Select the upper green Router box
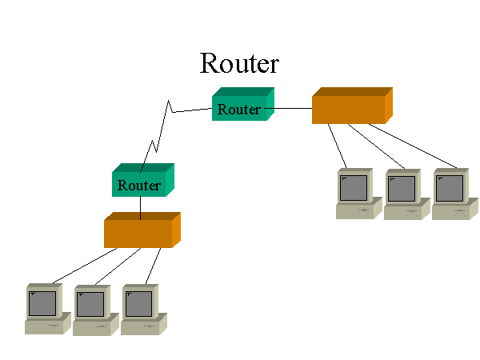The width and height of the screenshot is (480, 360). tap(242, 105)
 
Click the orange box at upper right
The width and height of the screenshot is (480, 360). tap(351, 106)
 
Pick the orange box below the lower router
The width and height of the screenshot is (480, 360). tap(141, 230)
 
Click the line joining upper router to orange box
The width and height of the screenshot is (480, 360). tap(292, 107)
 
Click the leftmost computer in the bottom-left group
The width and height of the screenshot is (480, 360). tap(45, 308)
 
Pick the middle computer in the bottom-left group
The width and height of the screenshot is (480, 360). tap(93, 309)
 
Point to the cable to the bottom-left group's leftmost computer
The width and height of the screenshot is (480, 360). tap(84, 266)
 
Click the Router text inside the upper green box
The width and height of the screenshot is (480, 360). tap(239, 110)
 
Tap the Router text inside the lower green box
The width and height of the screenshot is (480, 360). tap(139, 186)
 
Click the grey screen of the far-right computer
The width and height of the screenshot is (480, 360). tap(450, 188)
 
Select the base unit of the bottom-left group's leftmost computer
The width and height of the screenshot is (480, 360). tap(44, 326)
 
